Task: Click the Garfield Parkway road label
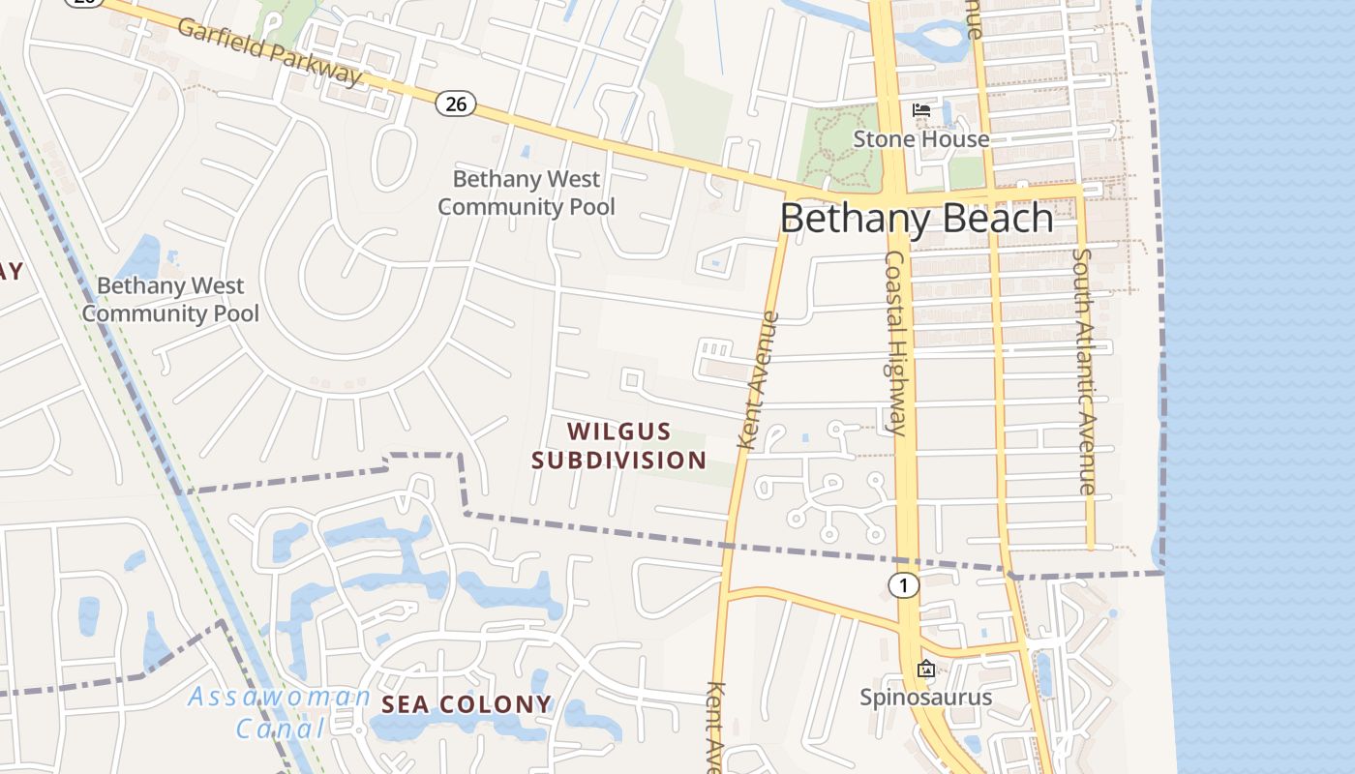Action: point(269,51)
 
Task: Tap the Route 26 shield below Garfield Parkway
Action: point(455,104)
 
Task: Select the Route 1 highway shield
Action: point(903,584)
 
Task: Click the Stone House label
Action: point(920,139)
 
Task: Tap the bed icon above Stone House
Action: point(921,110)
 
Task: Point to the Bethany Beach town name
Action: point(917,218)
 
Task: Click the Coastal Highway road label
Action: point(895,342)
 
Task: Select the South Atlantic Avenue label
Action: point(1085,372)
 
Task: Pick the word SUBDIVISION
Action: point(619,460)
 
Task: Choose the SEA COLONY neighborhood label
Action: point(467,704)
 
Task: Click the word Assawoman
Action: point(280,697)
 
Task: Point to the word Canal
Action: point(280,728)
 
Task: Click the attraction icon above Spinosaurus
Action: point(926,669)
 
